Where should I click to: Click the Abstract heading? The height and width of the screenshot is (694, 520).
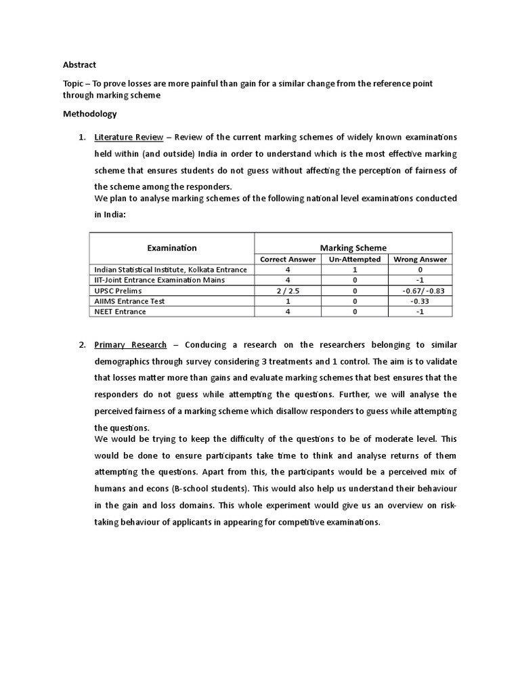(79, 65)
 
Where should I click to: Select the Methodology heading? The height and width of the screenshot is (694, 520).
(89, 114)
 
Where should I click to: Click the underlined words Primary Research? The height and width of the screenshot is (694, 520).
(130, 345)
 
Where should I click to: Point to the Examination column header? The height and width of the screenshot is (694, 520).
(172, 248)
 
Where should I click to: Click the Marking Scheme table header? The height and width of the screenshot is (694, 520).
(353, 248)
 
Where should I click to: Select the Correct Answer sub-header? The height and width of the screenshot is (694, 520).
(288, 260)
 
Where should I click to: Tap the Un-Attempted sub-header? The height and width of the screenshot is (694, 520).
(355, 260)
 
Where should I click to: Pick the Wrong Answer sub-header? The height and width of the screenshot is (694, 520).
(420, 260)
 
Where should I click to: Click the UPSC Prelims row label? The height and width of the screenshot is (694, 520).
(118, 291)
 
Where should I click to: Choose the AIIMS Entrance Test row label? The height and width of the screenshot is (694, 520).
(129, 301)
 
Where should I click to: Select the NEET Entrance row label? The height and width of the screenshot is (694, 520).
(120, 312)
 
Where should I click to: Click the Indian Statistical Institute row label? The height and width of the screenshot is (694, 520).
(171, 270)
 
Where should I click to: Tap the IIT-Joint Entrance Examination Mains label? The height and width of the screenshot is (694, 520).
(160, 280)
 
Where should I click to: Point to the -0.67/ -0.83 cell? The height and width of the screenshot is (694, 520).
(420, 291)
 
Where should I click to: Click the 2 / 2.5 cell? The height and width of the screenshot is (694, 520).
(288, 291)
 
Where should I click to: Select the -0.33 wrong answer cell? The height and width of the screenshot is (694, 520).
(420, 301)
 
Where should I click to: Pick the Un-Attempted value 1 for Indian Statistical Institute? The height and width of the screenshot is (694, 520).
(355, 270)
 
